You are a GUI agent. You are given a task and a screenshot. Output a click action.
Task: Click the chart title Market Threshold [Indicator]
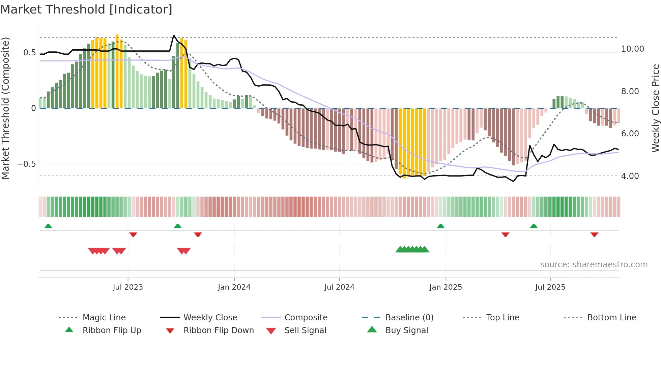[86, 9]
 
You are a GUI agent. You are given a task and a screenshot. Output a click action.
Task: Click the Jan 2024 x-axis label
[234, 287]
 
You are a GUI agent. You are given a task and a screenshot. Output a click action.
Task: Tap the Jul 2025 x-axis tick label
[550, 287]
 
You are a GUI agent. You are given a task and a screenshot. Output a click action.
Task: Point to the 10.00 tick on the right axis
[632, 49]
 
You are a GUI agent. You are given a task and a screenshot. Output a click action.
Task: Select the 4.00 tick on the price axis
[630, 176]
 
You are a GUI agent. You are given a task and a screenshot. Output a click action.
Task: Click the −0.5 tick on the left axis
[26, 164]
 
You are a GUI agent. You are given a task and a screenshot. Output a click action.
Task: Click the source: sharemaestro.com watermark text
[594, 265]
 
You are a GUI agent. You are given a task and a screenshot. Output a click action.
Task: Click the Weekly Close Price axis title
[655, 108]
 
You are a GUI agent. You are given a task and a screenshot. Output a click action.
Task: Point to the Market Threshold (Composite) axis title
[5, 108]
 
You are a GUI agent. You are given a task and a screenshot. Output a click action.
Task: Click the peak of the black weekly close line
[174, 35]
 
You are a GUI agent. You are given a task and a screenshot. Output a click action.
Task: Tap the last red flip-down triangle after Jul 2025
[594, 234]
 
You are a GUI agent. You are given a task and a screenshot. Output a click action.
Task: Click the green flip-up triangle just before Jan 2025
[440, 226]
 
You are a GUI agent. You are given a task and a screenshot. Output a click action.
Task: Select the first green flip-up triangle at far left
[48, 226]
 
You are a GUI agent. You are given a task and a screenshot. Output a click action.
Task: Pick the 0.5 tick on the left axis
[29, 53]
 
